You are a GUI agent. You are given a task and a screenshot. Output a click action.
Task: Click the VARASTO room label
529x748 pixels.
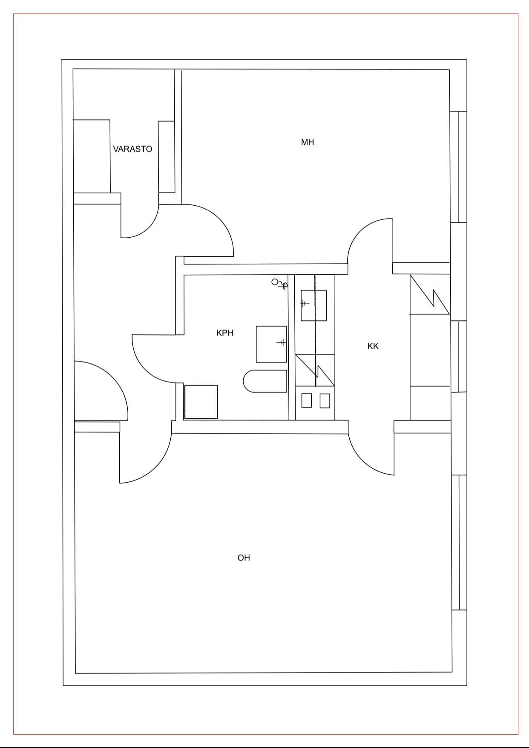pyautogui.click(x=132, y=149)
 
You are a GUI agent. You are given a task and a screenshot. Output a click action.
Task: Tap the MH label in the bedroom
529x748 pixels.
pyautogui.click(x=308, y=142)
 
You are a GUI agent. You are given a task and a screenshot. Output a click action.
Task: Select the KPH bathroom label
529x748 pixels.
pyautogui.click(x=225, y=333)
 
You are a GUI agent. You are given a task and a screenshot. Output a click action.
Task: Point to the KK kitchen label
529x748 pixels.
pyautogui.click(x=373, y=346)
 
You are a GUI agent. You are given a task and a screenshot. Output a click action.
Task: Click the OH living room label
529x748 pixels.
pyautogui.click(x=244, y=558)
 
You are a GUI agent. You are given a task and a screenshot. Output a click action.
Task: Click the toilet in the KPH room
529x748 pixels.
pyautogui.click(x=265, y=381)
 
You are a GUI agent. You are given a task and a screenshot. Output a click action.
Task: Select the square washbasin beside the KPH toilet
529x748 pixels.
pyautogui.click(x=271, y=344)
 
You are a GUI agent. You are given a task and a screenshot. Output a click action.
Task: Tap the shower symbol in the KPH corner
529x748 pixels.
pyautogui.click(x=280, y=284)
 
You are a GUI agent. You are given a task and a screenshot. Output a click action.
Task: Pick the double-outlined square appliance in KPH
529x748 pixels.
pyautogui.click(x=201, y=402)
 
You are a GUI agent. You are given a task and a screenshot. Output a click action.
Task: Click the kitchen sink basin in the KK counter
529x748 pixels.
pyautogui.click(x=314, y=305)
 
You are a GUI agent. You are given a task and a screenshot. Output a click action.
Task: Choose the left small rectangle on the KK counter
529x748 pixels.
pyautogui.click(x=306, y=400)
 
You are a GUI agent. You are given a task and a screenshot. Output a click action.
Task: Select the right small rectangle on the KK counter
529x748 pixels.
pyautogui.click(x=325, y=400)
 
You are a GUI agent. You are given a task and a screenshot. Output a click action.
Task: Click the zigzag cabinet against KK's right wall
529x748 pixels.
pyautogui.click(x=430, y=294)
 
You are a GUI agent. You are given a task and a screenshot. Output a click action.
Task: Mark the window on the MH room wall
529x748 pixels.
pyautogui.click(x=458, y=167)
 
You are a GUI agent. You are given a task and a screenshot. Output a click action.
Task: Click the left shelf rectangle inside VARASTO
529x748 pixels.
pyautogui.click(x=92, y=156)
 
